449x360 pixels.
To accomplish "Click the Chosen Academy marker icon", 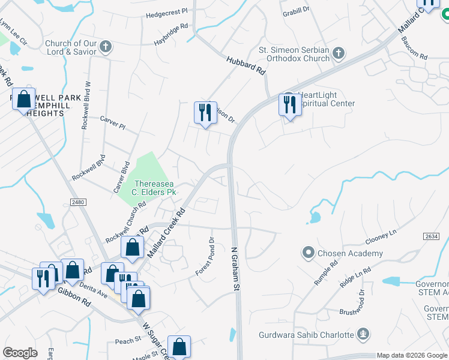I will pos(309,253).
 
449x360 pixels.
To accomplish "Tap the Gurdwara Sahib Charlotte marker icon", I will pos(362,334).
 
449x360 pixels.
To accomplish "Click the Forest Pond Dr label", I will pos(205,257).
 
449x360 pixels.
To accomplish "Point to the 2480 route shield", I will pos(77,202).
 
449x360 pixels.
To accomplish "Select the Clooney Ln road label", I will pos(381,236).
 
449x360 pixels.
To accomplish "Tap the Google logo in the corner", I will pos(20,353).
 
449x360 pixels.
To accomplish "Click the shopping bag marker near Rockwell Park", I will pos(23,100).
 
